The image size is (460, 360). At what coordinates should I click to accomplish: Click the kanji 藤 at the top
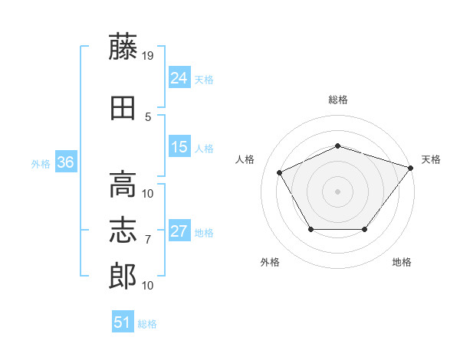[x=123, y=46]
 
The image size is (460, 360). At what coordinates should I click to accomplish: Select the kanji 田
[x=123, y=108]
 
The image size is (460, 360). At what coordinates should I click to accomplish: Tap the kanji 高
[x=123, y=185]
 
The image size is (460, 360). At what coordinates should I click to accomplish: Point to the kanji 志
[x=123, y=230]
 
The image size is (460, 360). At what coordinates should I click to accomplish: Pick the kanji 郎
[x=123, y=277]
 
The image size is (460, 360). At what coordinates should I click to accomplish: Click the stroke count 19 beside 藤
[x=147, y=56]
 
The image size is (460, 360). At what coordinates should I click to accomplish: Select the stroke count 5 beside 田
[x=148, y=117]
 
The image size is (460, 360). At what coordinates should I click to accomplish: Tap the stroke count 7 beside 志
[x=148, y=240]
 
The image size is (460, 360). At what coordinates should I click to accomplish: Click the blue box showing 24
[x=179, y=77]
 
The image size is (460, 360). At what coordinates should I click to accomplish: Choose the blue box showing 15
[x=179, y=146]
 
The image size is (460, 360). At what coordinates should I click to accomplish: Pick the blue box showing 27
[x=179, y=230]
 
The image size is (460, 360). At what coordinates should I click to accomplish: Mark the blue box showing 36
[x=66, y=162]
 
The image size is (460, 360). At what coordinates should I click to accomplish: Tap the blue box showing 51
[x=123, y=321]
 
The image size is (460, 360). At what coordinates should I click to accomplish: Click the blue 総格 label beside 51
[x=147, y=324]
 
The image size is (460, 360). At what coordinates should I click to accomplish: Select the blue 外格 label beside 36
[x=41, y=164]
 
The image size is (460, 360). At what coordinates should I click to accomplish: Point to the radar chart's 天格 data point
[x=410, y=168]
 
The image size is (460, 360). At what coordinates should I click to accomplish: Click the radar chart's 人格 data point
[x=279, y=172]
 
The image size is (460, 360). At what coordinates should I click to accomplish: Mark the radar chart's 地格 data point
[x=364, y=229]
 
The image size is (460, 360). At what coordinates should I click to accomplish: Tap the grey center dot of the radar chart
[x=337, y=191]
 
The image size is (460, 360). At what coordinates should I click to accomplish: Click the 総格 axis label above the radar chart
[x=338, y=100]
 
